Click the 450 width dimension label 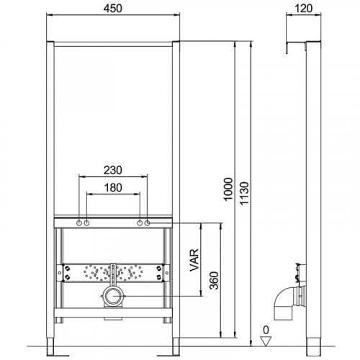coord(113,9)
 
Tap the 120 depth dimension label coord(303,9)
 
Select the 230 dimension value coord(113,170)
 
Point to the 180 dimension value coord(113,188)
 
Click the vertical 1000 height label coord(228,189)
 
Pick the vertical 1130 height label coord(245,194)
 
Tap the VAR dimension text coord(194,260)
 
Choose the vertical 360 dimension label coord(214,280)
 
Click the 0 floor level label coord(266,330)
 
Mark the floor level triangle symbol coord(266,341)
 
